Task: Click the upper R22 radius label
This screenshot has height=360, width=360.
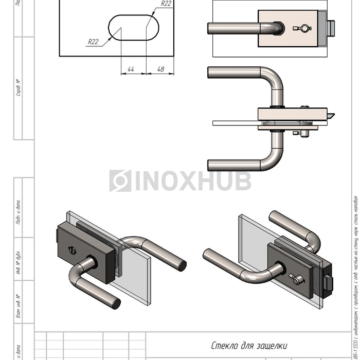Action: (x=166, y=4)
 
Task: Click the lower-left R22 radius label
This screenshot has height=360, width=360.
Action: (x=93, y=42)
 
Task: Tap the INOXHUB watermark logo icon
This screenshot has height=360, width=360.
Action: (x=120, y=181)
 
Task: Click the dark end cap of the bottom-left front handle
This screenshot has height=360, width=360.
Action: (x=117, y=304)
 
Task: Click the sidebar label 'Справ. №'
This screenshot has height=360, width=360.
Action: (x=19, y=88)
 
